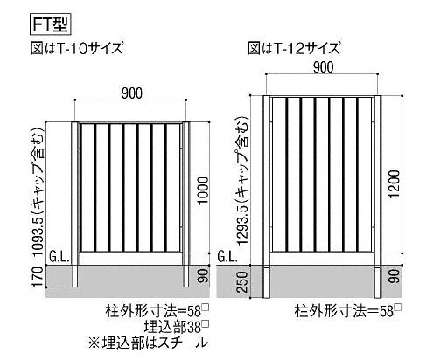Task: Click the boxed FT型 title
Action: (50, 24)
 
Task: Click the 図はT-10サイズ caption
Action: (77, 49)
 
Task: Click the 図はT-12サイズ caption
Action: (294, 48)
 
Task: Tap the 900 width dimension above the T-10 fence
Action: (132, 93)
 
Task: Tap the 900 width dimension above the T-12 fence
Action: (324, 67)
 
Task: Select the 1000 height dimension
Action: (203, 190)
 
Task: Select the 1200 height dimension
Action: (395, 183)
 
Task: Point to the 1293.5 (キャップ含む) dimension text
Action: (242, 181)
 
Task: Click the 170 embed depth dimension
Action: (38, 276)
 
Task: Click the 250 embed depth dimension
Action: (242, 282)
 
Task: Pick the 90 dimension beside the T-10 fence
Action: (205, 275)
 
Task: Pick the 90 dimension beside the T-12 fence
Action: (395, 276)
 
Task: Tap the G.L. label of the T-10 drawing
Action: (59, 257)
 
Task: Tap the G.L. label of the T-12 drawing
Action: (227, 257)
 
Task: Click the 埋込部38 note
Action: (177, 327)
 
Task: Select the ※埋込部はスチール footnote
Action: (148, 343)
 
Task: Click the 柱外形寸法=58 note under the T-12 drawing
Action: (348, 310)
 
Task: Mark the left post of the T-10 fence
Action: (75, 204)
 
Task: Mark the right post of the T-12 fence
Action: (378, 197)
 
